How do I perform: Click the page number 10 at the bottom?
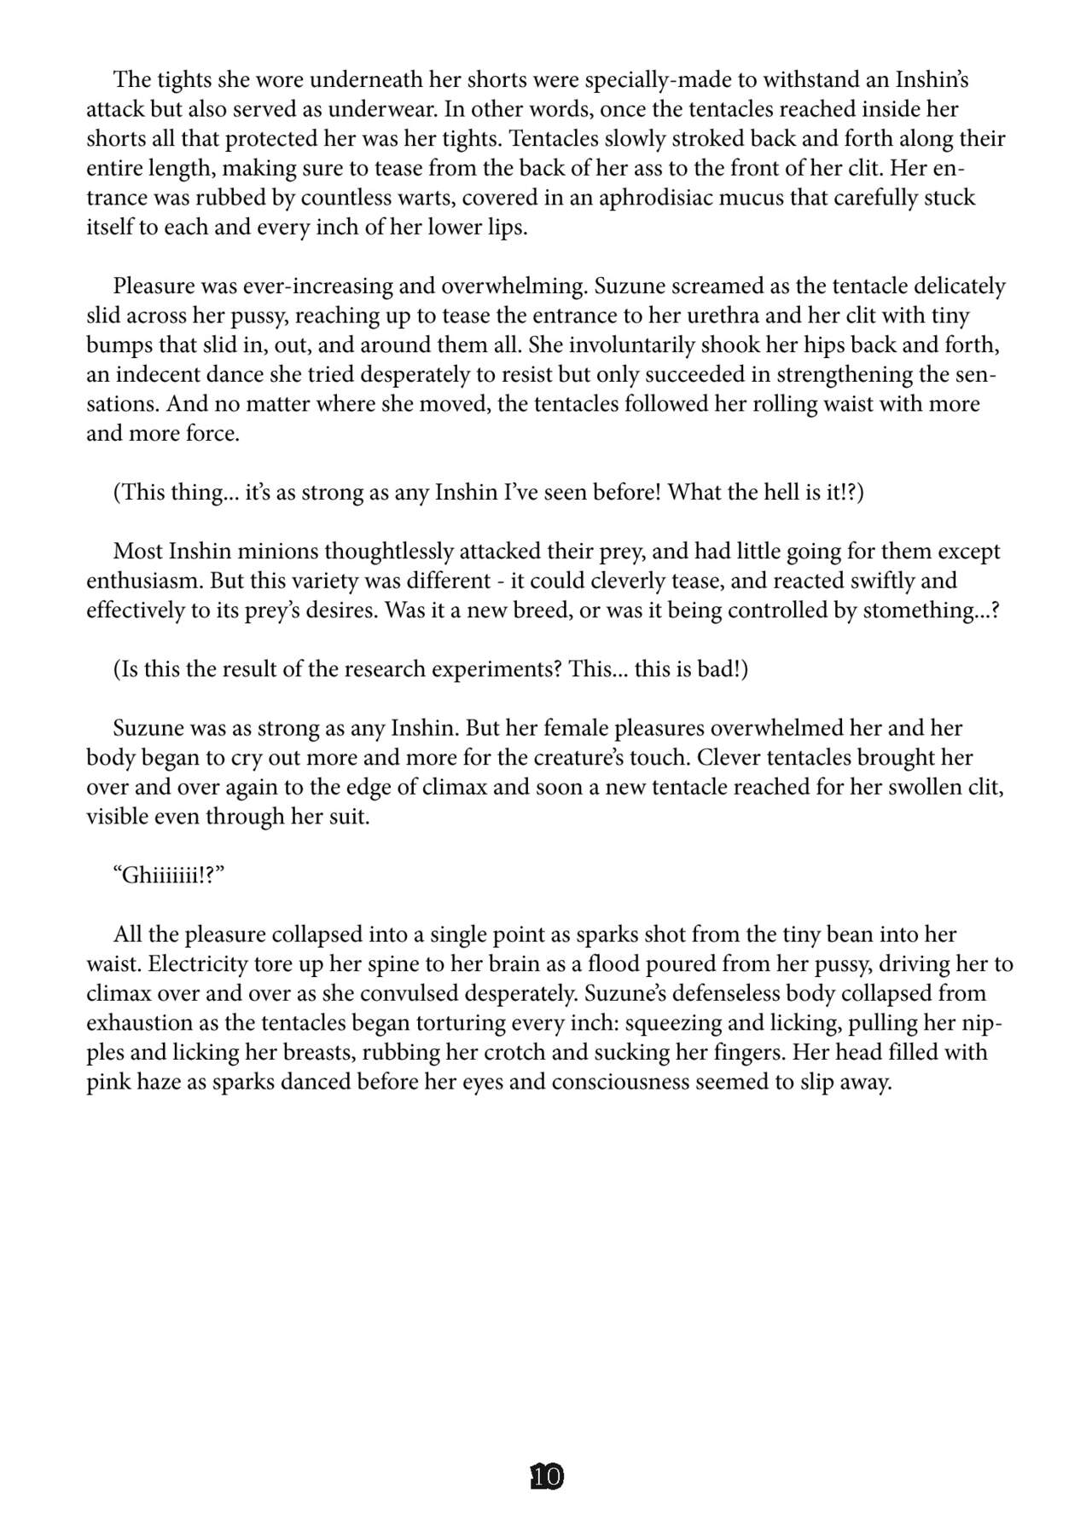pos(547,1476)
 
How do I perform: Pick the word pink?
pos(107,1083)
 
